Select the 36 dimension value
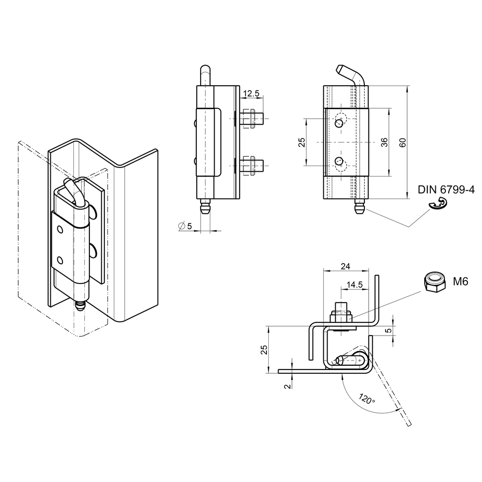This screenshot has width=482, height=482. (384, 142)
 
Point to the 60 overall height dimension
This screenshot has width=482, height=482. (402, 142)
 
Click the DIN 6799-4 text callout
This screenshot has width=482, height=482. (446, 190)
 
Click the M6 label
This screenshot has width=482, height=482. (461, 281)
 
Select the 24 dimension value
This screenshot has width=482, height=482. (345, 266)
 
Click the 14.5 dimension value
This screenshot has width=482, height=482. (354, 284)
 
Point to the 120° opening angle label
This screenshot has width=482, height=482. (367, 399)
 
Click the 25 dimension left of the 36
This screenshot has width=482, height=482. (302, 142)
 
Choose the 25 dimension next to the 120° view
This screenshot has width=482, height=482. (264, 349)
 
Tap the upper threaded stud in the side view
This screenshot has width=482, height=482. (251, 118)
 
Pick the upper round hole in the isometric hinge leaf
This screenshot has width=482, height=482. (60, 229)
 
